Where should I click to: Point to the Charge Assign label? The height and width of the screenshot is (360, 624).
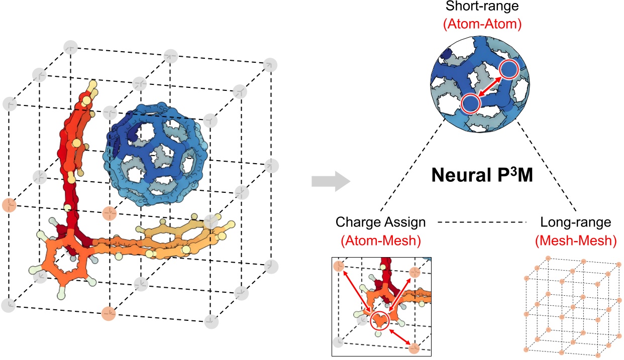pos(381,222)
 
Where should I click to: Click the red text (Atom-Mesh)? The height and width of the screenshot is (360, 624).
pos(380,241)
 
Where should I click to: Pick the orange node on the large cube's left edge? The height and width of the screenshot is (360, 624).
pos(9,205)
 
